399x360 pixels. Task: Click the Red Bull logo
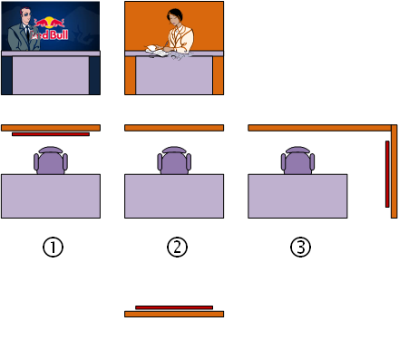(51, 29)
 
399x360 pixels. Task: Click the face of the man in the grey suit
(25, 15)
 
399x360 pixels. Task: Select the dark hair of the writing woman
(175, 14)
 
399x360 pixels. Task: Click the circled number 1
(53, 248)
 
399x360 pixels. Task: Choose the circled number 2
(177, 248)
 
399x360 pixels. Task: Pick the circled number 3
(300, 248)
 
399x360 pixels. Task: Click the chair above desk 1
(51, 161)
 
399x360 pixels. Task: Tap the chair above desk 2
(174, 161)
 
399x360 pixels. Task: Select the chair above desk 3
(297, 161)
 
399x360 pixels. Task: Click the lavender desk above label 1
(51, 196)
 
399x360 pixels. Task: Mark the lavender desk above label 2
(174, 196)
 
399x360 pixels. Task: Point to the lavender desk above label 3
(297, 196)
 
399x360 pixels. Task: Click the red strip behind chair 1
(51, 134)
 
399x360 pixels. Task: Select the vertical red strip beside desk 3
(387, 174)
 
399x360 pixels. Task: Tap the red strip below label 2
(174, 307)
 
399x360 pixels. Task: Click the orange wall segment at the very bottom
(174, 314)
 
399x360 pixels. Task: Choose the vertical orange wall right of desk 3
(394, 171)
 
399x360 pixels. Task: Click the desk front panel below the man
(51, 75)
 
